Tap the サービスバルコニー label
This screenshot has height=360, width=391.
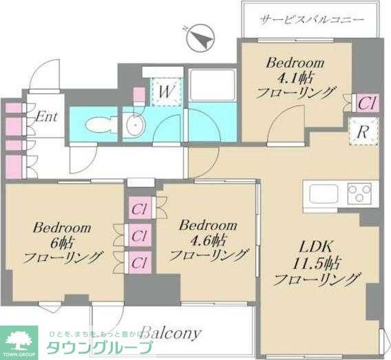click(311, 21)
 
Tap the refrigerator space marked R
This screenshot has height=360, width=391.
click(361, 132)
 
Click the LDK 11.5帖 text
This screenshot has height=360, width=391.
click(317, 263)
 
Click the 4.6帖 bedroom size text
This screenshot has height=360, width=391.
click(207, 240)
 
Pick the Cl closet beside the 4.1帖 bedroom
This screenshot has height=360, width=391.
click(366, 103)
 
